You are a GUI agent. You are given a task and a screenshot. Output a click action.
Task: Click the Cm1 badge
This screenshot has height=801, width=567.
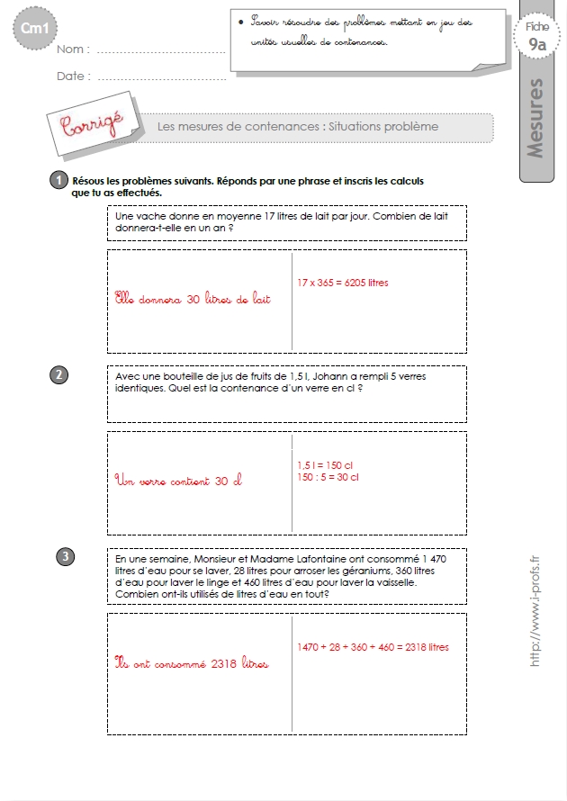35,28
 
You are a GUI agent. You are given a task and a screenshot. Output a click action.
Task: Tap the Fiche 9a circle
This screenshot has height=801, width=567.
537,37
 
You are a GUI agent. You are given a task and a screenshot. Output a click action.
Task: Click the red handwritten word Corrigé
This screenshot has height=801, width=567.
92,123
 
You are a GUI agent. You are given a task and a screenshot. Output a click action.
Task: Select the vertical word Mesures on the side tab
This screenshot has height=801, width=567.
535,118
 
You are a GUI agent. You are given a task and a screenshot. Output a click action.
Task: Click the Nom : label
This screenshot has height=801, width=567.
73,49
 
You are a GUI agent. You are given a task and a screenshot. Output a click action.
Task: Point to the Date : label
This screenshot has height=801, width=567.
74,76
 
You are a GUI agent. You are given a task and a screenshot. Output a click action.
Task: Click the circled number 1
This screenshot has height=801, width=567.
58,180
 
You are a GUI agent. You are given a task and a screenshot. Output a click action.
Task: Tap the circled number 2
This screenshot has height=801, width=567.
58,375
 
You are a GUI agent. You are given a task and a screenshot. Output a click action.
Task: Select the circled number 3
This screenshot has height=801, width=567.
66,556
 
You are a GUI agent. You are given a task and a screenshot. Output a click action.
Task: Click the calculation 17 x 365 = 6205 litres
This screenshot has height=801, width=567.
343,283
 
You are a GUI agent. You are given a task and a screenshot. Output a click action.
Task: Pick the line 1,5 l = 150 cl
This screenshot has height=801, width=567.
325,465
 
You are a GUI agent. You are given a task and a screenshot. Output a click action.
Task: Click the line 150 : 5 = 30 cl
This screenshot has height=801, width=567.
328,477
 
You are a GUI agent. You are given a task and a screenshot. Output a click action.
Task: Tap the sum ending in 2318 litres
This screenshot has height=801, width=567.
373,647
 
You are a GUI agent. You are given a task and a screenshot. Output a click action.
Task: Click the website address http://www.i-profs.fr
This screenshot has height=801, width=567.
535,611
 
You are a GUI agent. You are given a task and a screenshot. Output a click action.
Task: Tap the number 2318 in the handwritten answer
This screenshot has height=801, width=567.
224,663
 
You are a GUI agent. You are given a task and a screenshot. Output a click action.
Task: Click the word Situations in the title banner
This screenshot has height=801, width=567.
351,127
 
